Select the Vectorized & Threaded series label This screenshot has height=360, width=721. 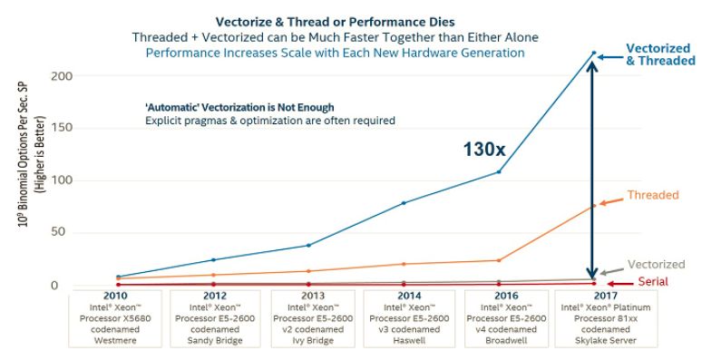click(x=658, y=54)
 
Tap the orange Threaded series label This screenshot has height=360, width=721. click(x=652, y=195)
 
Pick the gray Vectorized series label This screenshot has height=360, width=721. click(x=655, y=264)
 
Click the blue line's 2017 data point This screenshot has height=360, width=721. click(x=594, y=53)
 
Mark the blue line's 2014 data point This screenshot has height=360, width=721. click(x=403, y=203)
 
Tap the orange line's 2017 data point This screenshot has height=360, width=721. click(x=594, y=206)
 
